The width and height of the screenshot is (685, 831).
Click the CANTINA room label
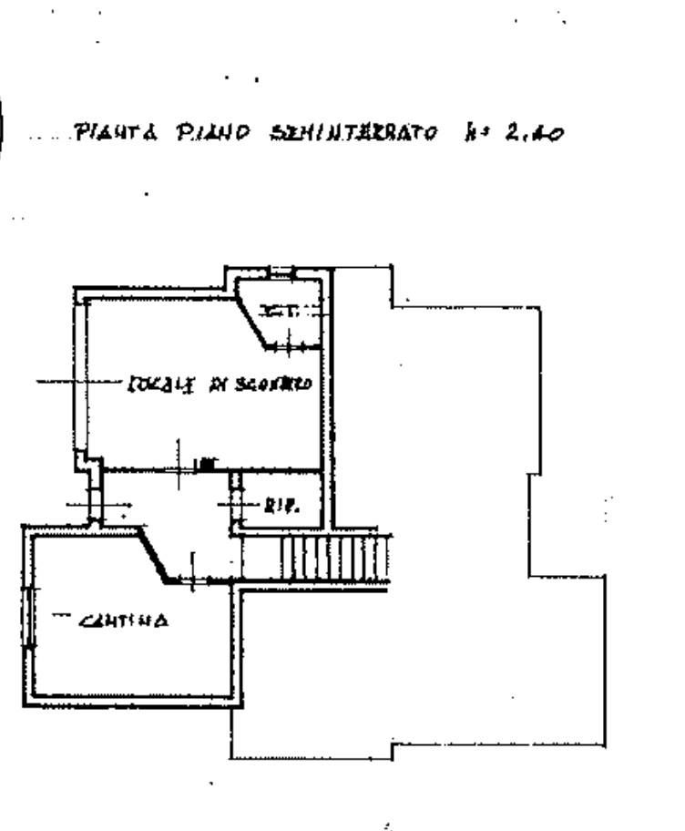pyautogui.click(x=123, y=622)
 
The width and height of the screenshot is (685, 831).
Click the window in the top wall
pyautogui.click(x=282, y=271)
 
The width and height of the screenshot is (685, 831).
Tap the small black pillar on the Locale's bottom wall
pyautogui.click(x=208, y=464)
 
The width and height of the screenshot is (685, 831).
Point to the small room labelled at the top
pyautogui.click(x=290, y=314)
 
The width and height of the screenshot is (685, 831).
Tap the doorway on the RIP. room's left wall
pyautogui.click(x=237, y=502)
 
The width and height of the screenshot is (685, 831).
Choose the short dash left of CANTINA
pyautogui.click(x=61, y=615)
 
